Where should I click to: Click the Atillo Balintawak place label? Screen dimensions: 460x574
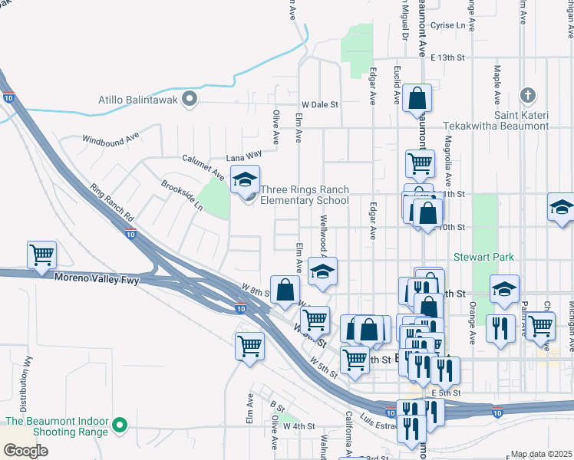click(x=138, y=99)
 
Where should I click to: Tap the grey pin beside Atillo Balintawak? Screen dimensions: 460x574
click(x=191, y=99)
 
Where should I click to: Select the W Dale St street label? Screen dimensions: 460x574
click(x=319, y=104)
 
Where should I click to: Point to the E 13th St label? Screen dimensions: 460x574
click(x=448, y=58)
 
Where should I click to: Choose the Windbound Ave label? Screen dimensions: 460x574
click(x=111, y=139)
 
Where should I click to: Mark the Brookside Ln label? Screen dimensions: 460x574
click(x=182, y=195)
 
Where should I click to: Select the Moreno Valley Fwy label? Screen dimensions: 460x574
click(x=97, y=280)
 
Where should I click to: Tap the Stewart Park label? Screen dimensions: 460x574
click(x=483, y=257)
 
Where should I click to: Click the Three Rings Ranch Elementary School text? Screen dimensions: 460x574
click(x=305, y=195)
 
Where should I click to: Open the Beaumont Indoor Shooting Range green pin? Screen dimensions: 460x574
click(x=119, y=424)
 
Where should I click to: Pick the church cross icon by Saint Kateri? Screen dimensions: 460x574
click(x=527, y=96)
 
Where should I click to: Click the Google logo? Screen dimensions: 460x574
click(x=25, y=450)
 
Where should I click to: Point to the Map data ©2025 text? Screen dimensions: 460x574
click(x=541, y=454)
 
